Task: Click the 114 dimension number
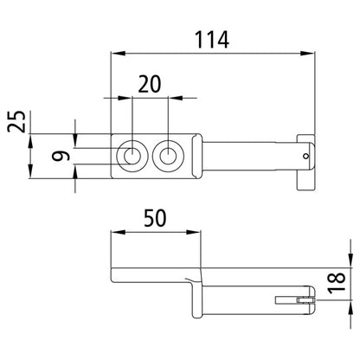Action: tap(212, 40)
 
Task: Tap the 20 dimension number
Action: tap(150, 84)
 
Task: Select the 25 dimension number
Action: tap(16, 121)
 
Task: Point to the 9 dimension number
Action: tap(61, 156)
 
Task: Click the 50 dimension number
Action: tap(155, 218)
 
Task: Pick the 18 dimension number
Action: tap(337, 283)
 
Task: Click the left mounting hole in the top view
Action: tap(132, 157)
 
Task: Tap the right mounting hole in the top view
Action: tap(168, 157)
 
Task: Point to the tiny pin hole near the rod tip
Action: tap(306, 157)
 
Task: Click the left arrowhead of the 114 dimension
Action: tap(119, 54)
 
